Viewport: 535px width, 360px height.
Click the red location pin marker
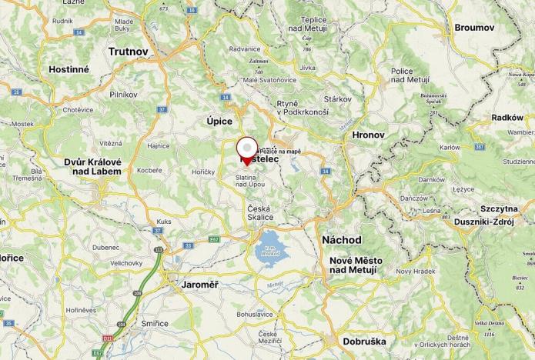pos(246,149)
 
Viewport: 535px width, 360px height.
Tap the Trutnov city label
pos(128,52)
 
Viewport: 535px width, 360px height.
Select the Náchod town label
pos(342,240)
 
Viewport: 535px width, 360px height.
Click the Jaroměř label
pos(200,285)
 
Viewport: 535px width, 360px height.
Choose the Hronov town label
pos(367,135)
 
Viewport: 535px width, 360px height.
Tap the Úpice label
pos(219,121)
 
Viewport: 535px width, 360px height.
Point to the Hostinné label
pos(69,68)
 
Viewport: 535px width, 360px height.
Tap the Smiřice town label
pos(155,323)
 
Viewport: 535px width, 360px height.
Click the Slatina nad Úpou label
pos(250,181)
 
